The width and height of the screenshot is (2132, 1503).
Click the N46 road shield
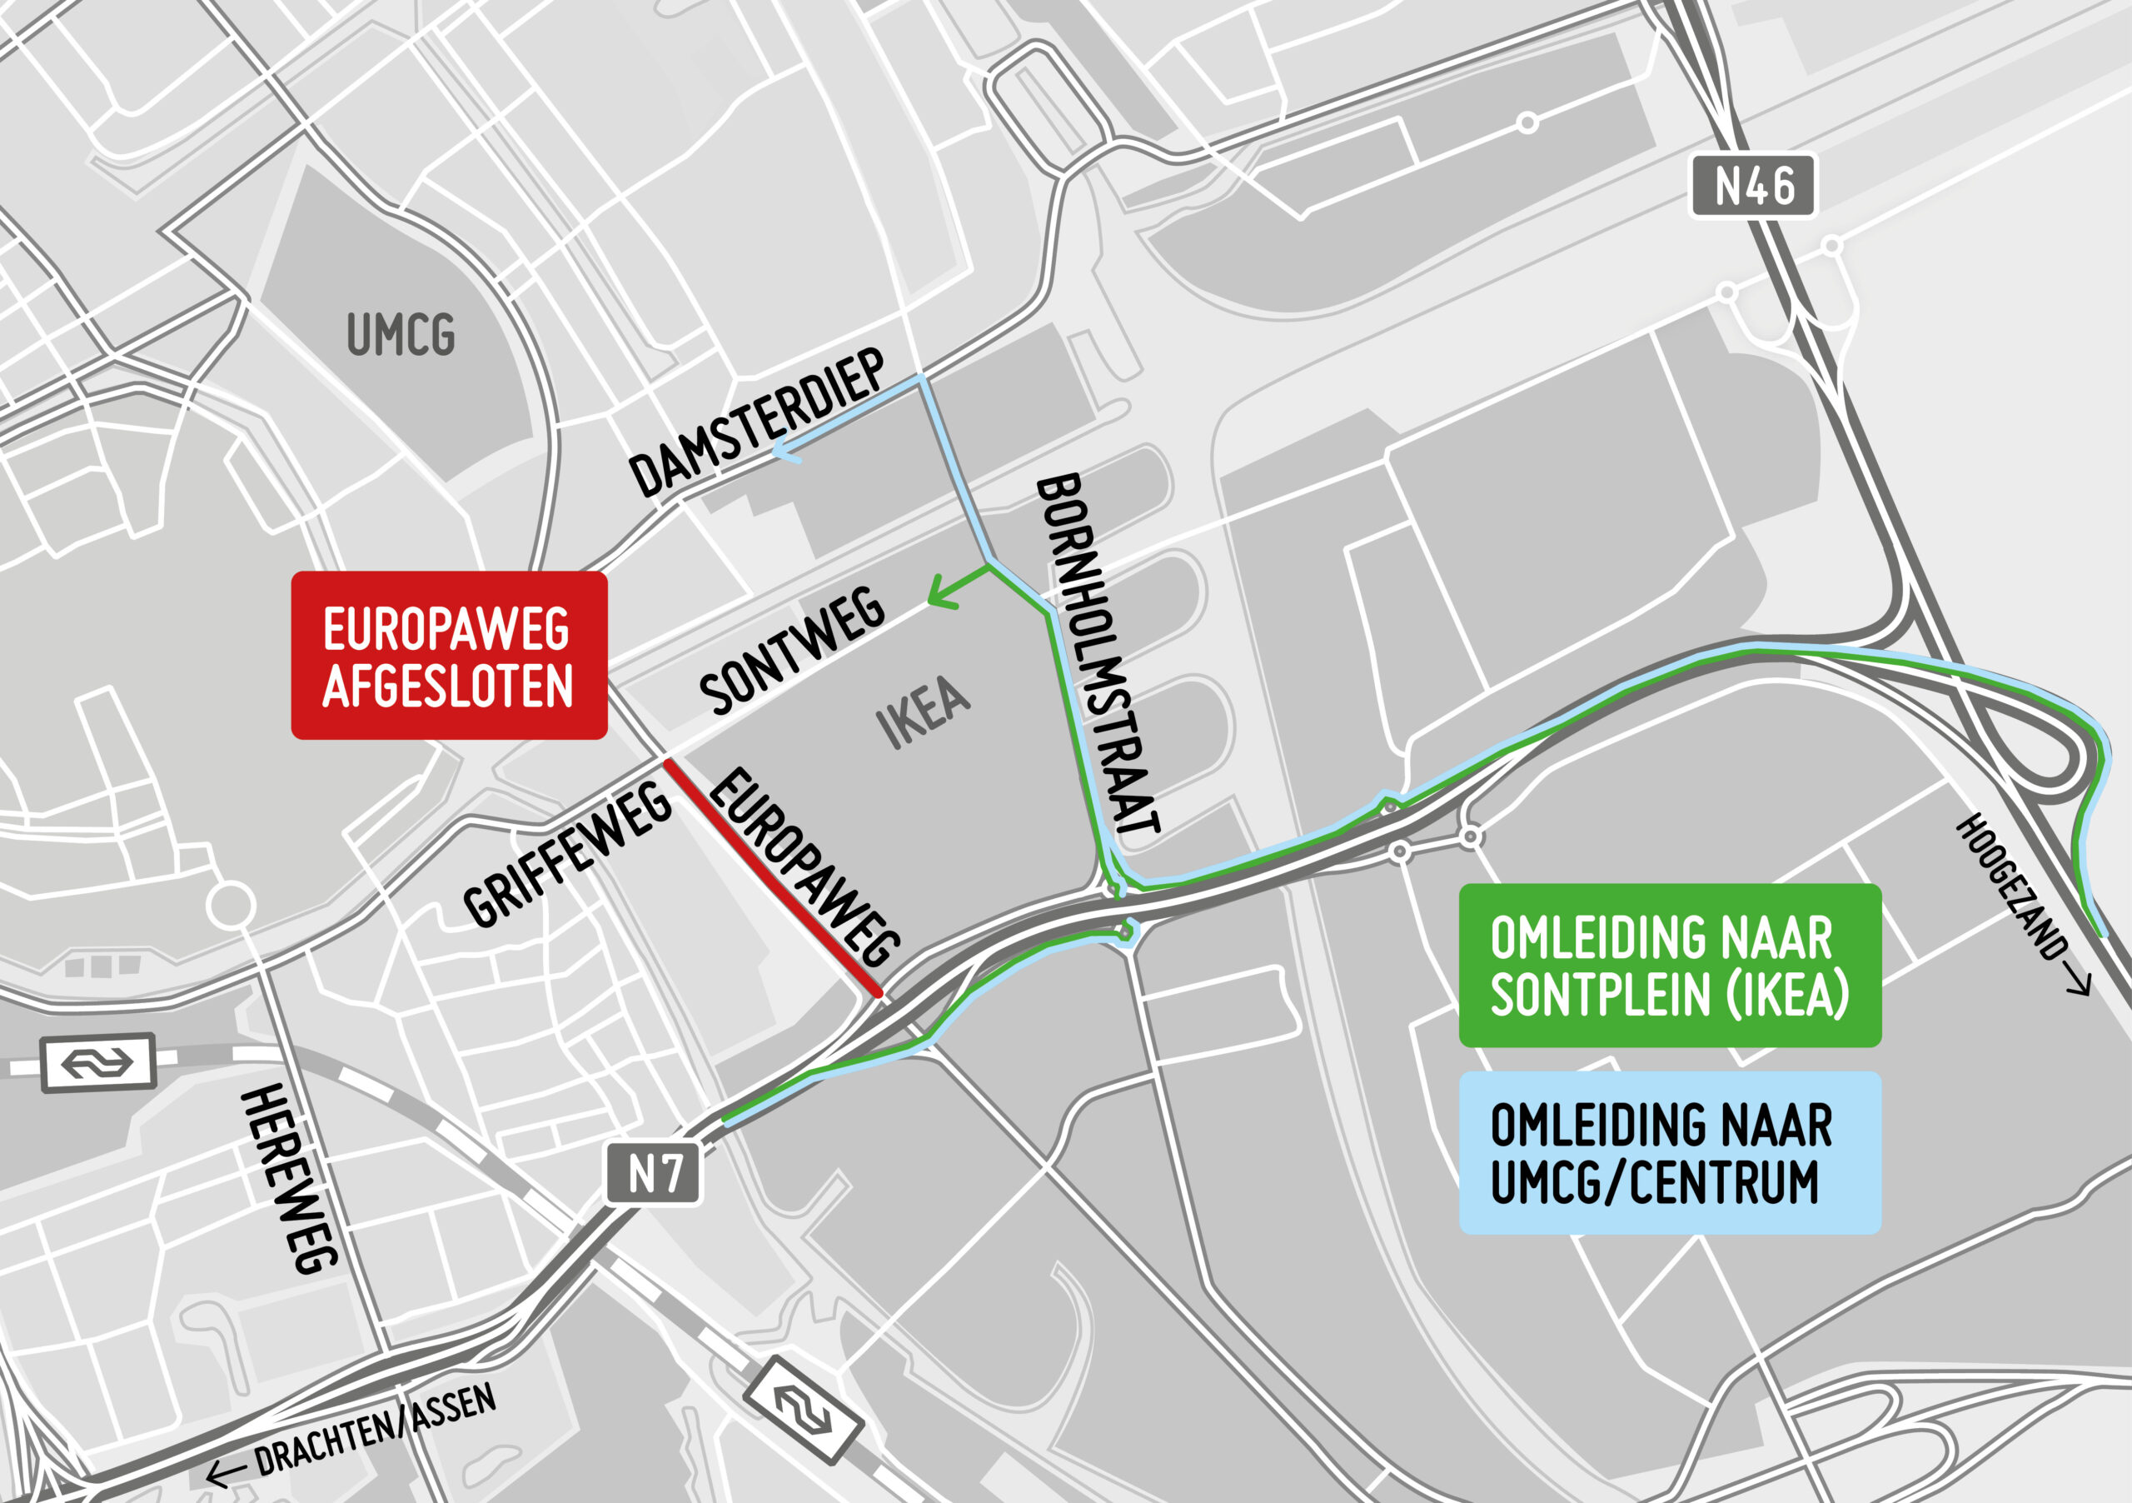(1752, 186)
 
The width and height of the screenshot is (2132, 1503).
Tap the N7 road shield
(654, 1174)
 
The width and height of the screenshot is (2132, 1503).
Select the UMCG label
(401, 334)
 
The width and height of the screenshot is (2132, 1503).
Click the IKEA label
(923, 712)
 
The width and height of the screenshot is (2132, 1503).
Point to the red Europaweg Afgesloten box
(450, 656)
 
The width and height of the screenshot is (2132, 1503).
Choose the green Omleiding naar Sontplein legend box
(1670, 966)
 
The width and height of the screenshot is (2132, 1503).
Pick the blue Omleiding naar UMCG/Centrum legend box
(1670, 1153)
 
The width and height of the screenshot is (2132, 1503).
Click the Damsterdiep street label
(757, 425)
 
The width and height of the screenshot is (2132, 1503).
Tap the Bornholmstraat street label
(1098, 654)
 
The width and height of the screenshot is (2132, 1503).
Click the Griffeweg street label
(566, 856)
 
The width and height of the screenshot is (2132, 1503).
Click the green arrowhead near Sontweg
(940, 592)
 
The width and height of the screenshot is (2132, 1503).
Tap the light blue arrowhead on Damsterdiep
(785, 452)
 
